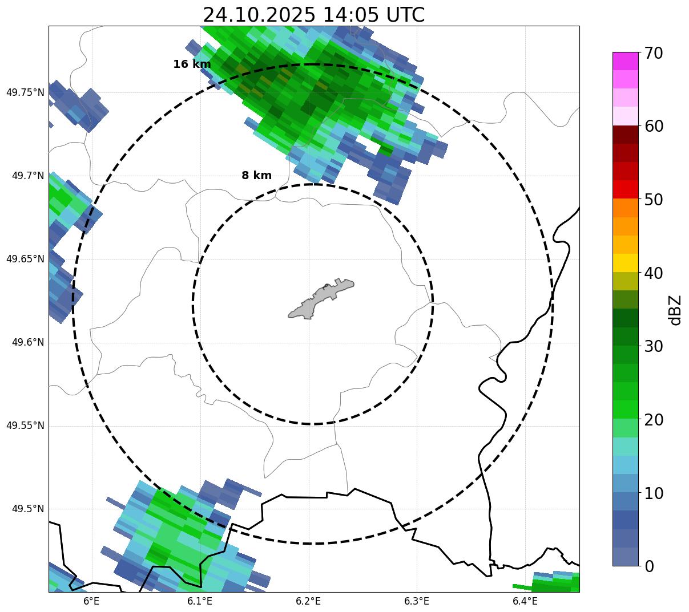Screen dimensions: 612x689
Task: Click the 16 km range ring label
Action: [x=192, y=64]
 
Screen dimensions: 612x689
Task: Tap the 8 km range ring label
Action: [x=256, y=176]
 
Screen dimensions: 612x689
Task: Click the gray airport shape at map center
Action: [x=321, y=299]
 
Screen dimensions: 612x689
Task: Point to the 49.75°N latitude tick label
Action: [x=25, y=92]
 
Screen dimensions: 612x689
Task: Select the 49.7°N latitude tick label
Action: [x=28, y=176]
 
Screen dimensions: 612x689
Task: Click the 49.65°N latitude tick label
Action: [x=25, y=259]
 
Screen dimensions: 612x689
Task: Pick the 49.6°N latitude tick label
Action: [x=28, y=342]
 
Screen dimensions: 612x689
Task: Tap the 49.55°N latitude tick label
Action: [x=25, y=425]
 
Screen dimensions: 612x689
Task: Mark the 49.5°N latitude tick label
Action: [x=28, y=509]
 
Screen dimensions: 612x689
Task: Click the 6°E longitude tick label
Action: [x=91, y=601]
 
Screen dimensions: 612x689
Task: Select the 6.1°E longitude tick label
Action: [x=200, y=601]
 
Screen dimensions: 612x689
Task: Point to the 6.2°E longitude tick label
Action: [x=308, y=601]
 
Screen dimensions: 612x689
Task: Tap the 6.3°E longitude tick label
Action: [x=417, y=601]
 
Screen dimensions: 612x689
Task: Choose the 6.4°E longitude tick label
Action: [x=525, y=601]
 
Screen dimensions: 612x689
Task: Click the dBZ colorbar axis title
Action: [x=676, y=310]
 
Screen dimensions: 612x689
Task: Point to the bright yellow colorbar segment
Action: [x=625, y=263]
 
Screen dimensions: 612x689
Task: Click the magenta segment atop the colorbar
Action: [x=625, y=61]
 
